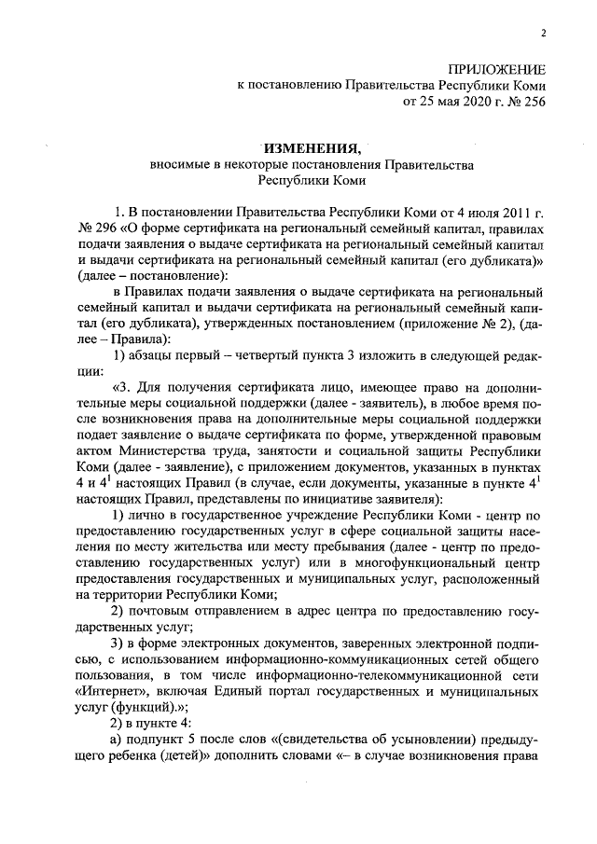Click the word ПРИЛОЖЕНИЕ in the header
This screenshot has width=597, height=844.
tap(497, 70)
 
